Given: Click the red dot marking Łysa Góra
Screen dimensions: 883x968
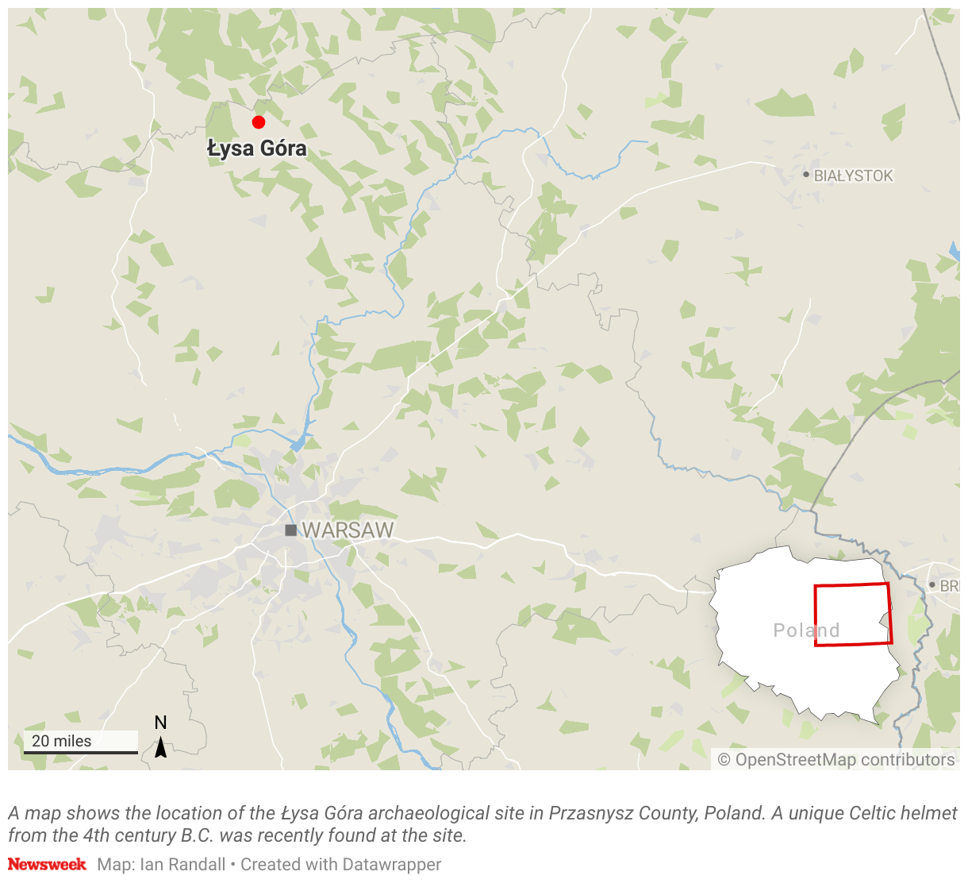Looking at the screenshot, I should [258, 121].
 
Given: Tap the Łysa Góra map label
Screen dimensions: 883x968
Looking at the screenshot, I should [256, 148].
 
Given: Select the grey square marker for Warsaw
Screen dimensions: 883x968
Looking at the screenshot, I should [291, 530].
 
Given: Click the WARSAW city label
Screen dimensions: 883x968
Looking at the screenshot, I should [348, 530].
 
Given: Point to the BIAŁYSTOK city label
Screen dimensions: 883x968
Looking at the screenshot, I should [853, 175].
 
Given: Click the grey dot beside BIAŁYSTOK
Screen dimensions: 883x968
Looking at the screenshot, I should [806, 175].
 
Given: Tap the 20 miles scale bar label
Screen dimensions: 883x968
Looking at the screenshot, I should [62, 741].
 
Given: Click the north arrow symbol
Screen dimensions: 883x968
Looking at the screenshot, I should [160, 747].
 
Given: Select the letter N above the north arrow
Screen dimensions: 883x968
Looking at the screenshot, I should [160, 723].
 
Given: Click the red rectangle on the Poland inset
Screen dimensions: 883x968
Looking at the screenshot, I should [853, 585].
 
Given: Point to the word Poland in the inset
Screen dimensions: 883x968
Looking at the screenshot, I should [806, 630].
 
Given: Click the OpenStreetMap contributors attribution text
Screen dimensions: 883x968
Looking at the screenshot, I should [836, 760].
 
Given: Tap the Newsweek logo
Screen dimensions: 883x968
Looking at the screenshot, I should [47, 864].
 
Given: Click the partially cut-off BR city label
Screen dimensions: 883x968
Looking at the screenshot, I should [949, 586].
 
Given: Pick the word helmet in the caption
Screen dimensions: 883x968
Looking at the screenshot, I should [933, 813].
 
